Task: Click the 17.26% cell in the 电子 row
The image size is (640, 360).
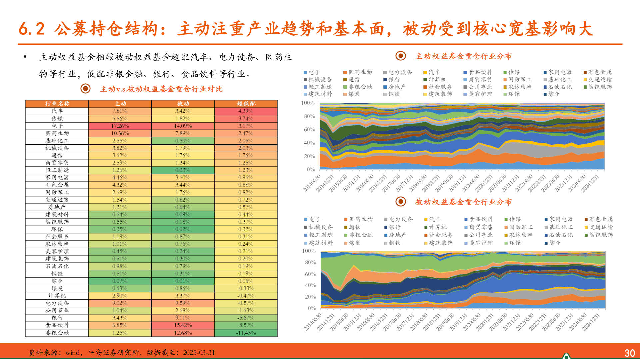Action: (x=120, y=126)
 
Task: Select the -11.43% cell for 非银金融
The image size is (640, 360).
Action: (x=246, y=333)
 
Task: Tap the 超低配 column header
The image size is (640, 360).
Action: (x=246, y=104)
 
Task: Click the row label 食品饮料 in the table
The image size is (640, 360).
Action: (x=57, y=325)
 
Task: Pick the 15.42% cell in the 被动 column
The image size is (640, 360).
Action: (x=183, y=325)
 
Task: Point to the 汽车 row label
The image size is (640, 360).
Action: (x=57, y=111)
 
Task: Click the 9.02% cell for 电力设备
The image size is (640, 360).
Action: (x=120, y=303)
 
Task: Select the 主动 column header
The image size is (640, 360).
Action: (x=120, y=104)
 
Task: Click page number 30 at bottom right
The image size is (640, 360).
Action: (x=629, y=353)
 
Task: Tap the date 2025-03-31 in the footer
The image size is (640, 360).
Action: (x=199, y=353)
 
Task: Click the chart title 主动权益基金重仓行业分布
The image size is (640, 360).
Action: (x=463, y=56)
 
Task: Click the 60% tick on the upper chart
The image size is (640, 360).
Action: (x=309, y=129)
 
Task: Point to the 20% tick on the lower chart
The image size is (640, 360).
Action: (x=310, y=297)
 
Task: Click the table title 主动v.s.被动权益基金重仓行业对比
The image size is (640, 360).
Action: (x=161, y=89)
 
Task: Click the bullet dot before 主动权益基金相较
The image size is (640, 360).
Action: (x=25, y=57)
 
